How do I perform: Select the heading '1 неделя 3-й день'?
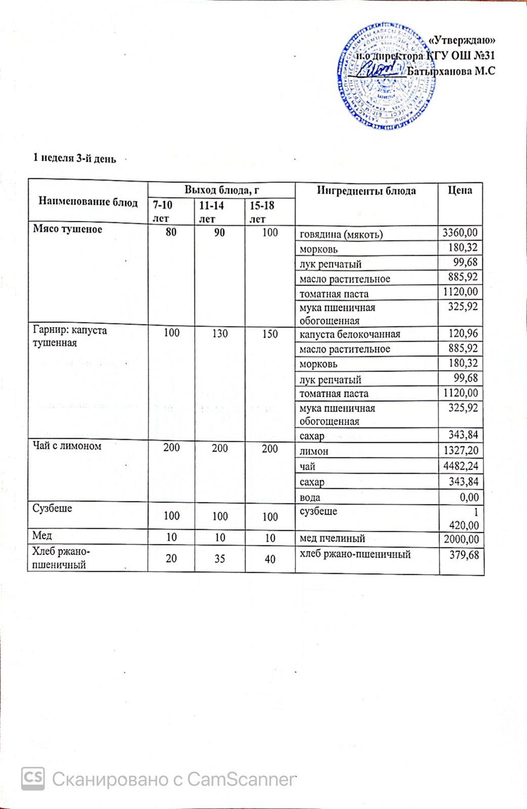pyautogui.click(x=74, y=158)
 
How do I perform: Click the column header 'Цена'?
pyautogui.click(x=460, y=190)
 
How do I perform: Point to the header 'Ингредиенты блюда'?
pyautogui.click(x=366, y=190)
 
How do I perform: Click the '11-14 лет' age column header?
pyautogui.click(x=212, y=211)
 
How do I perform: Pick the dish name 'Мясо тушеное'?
pyautogui.click(x=68, y=229)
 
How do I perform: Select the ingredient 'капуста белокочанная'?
pyautogui.click(x=350, y=334)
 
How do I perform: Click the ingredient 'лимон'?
pyautogui.click(x=314, y=451)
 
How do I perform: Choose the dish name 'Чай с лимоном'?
pyautogui.click(x=67, y=445)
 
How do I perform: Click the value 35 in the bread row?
pyautogui.click(x=220, y=559)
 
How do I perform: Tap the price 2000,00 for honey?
pyautogui.click(x=460, y=539)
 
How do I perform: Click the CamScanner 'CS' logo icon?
pyautogui.click(x=33, y=778)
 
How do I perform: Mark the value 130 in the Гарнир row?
pyautogui.click(x=220, y=334)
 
